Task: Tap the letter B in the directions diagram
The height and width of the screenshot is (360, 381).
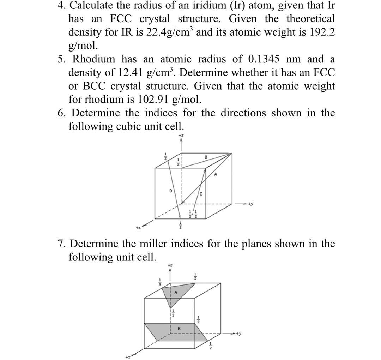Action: pos(206,157)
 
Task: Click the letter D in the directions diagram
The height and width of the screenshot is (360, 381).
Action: pos(170,191)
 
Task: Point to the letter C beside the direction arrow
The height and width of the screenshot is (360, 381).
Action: pos(201,194)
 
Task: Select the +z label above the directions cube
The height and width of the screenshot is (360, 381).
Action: pos(181,135)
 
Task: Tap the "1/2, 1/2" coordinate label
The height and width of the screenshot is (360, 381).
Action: pos(194,214)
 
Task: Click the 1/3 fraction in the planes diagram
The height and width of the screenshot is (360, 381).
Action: pos(159,283)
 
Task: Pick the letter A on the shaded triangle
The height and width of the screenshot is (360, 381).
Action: pos(176,293)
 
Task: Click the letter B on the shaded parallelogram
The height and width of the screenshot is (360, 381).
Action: pos(179,328)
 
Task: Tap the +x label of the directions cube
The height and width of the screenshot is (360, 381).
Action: pos(139,228)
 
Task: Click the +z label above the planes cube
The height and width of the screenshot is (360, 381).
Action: pos(170,265)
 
